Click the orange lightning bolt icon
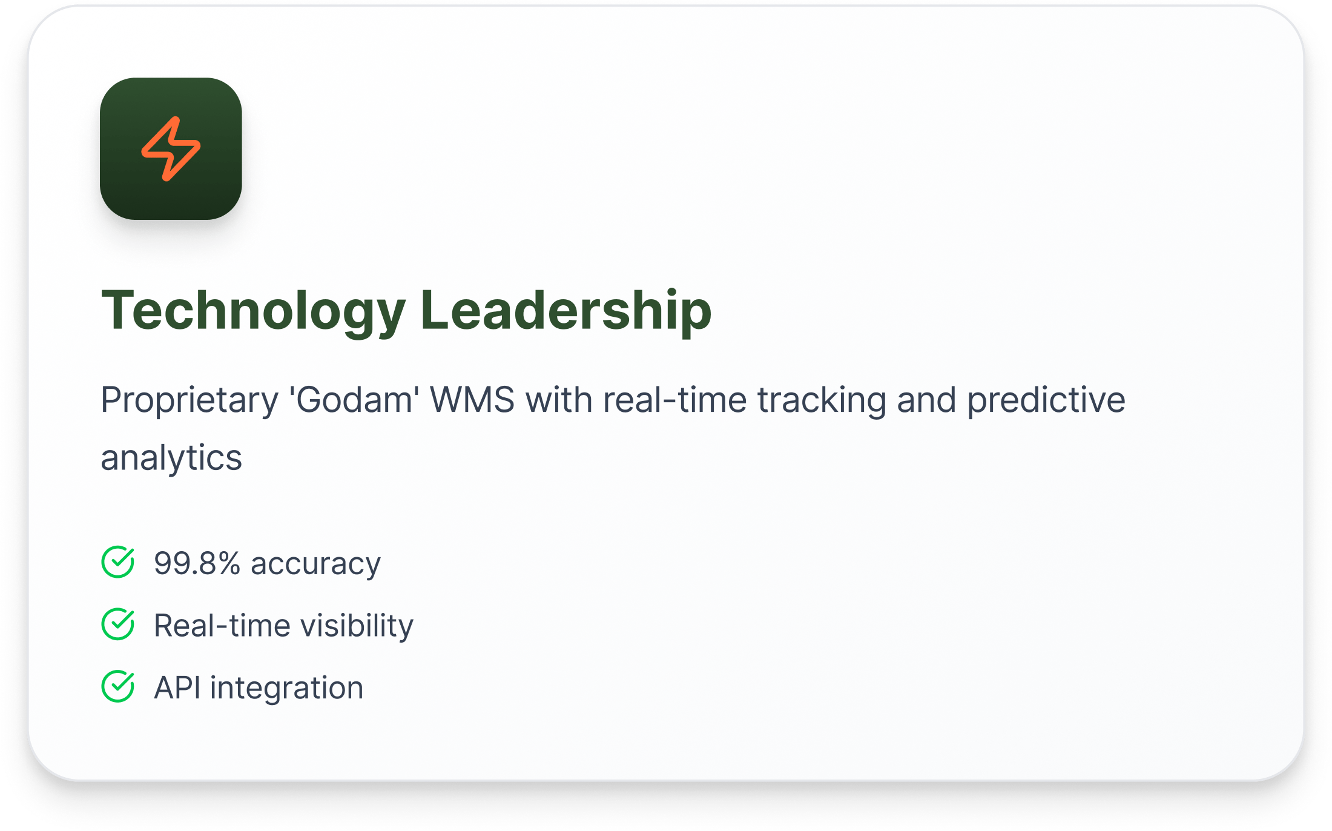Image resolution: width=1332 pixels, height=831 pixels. (170, 148)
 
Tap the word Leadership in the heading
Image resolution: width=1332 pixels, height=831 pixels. (565, 311)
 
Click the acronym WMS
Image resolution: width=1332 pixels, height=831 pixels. (472, 400)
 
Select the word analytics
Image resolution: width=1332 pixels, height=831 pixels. (171, 459)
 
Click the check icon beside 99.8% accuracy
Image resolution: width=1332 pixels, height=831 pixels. (118, 562)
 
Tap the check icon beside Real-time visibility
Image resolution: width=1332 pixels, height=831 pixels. (118, 624)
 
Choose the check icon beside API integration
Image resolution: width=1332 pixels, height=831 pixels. (118, 686)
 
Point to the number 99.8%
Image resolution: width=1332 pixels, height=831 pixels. (197, 563)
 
